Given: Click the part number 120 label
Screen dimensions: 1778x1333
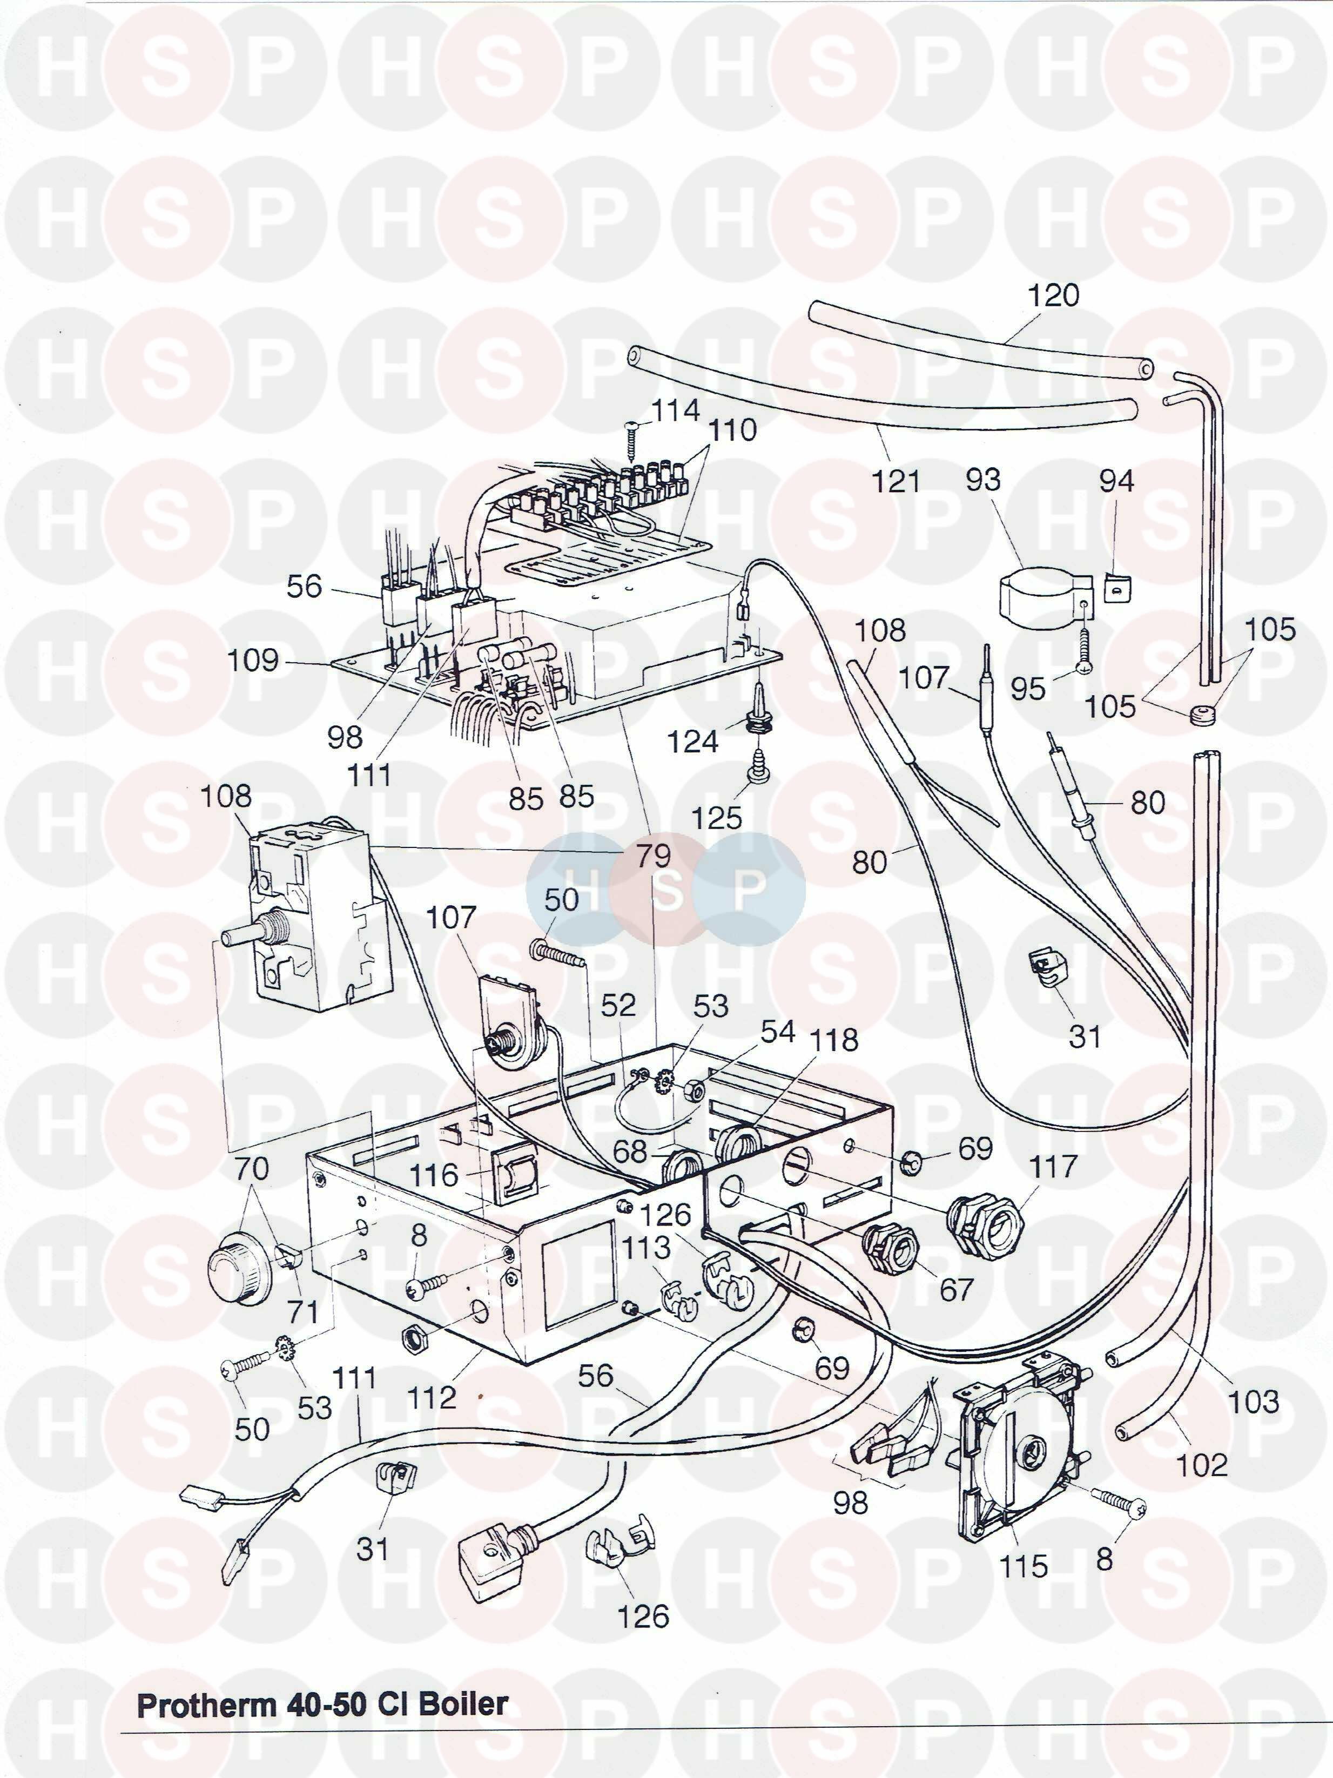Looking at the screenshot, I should tap(1054, 296).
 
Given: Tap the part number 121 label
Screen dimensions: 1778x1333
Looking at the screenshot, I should tap(896, 481).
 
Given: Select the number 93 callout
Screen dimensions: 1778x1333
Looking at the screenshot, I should tap(983, 480).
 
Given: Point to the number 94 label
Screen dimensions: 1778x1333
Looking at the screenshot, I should tap(1117, 481).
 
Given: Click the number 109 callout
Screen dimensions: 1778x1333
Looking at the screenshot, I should tap(253, 661).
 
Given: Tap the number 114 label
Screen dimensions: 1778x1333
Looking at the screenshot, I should tap(675, 410).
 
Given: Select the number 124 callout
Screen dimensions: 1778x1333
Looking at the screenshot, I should tap(693, 741).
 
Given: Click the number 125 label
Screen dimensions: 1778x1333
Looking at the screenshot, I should tap(717, 818).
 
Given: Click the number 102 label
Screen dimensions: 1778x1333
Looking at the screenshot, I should tap(1202, 1465).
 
